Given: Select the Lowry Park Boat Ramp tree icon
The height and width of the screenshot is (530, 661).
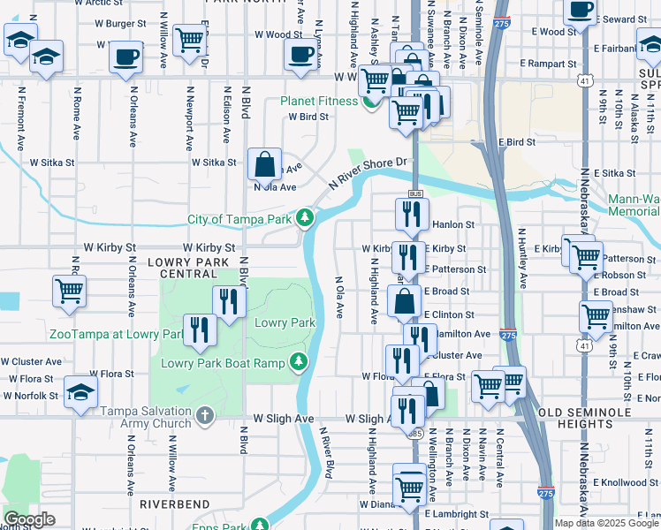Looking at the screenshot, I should point(300,362).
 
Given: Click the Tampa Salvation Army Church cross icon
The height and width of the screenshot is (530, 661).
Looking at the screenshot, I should point(204,413).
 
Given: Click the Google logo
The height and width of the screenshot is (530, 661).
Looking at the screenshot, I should point(29,519).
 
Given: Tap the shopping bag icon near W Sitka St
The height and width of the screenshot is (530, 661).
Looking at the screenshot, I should point(264,163).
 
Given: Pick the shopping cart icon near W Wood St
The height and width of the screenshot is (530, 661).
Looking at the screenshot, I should point(189,39).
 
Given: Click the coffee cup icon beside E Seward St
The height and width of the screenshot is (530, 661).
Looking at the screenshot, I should point(580,11).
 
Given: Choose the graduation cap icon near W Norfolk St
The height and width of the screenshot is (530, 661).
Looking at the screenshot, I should point(80,395).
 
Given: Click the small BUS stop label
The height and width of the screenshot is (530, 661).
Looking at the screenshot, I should point(414,193).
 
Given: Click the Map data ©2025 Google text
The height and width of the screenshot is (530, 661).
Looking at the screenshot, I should point(605,523).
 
